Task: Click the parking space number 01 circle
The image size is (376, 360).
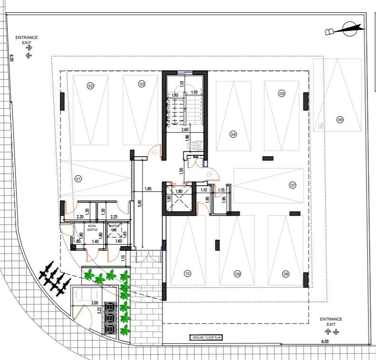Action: (78, 179)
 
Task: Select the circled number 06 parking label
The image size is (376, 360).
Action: (339, 120)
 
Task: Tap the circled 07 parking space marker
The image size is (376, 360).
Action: (292, 185)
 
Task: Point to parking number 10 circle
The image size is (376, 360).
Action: (187, 273)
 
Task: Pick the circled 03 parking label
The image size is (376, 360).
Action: (142, 84)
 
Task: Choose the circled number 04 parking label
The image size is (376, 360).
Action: (233, 134)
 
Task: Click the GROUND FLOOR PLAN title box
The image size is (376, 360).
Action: (206, 338)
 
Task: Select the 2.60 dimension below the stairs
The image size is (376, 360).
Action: (184, 130)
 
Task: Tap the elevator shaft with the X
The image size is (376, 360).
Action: (179, 201)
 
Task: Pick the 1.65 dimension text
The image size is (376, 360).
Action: (125, 234)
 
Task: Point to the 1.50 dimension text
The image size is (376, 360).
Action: (181, 171)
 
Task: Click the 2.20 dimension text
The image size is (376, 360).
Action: (80, 217)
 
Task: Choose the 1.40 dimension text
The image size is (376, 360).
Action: (95, 242)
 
